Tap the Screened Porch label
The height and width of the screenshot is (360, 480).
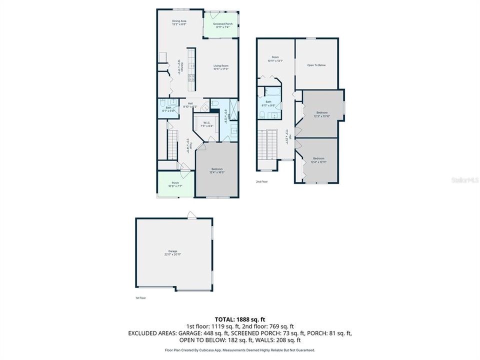coord(222,25)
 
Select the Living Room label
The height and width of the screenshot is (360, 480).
coord(221,67)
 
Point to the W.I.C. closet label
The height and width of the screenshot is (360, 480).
coord(205,125)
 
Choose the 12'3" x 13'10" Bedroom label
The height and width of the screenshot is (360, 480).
coord(323,114)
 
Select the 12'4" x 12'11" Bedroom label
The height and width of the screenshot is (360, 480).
coord(318,160)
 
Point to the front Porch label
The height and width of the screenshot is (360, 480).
coord(175,184)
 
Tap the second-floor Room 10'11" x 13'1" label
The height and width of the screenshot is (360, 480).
coord(275,59)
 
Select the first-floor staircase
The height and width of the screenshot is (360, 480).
coord(172,142)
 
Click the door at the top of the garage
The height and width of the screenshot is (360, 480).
coord(191,215)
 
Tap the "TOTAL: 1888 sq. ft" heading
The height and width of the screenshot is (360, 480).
coord(239,318)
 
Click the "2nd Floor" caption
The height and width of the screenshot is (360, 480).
coord(262,181)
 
